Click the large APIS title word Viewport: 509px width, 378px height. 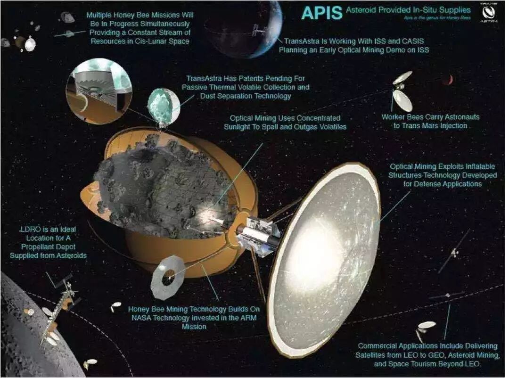(322, 12)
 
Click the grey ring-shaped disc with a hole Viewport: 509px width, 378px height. (167, 278)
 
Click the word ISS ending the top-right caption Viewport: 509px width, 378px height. (423, 49)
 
